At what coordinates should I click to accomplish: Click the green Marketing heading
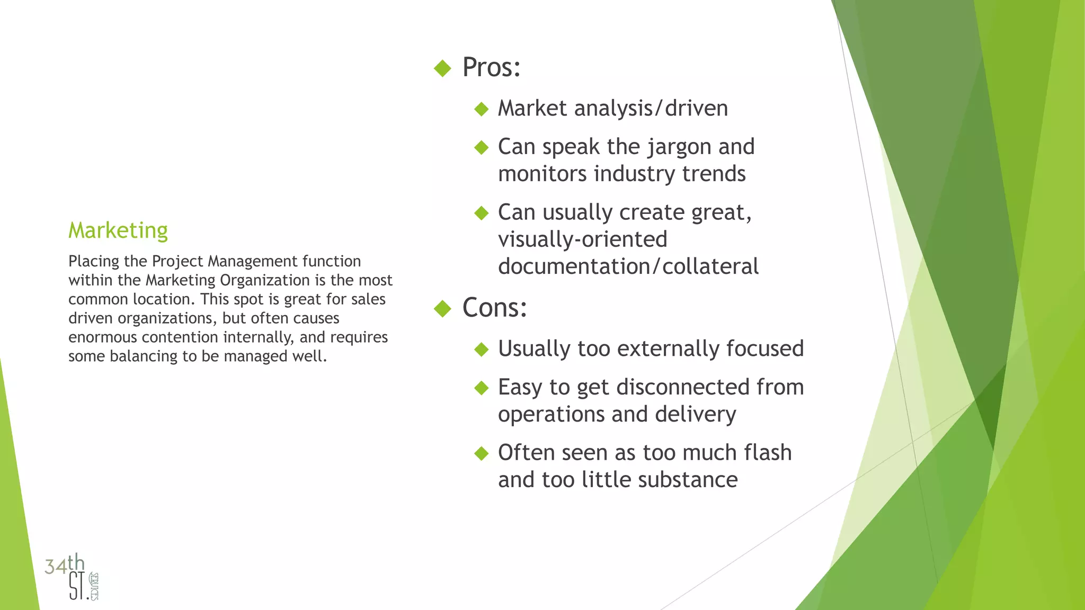tap(118, 231)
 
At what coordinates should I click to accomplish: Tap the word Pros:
tap(491, 68)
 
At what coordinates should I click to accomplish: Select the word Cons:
tap(494, 308)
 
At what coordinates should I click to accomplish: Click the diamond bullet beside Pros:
tap(442, 68)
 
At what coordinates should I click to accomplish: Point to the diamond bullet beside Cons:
tap(442, 309)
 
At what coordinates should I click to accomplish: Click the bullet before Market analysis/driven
tap(481, 110)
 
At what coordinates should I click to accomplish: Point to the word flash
tap(767, 453)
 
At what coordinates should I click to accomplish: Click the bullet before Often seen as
tap(481, 454)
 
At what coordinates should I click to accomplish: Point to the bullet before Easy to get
tap(481, 388)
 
